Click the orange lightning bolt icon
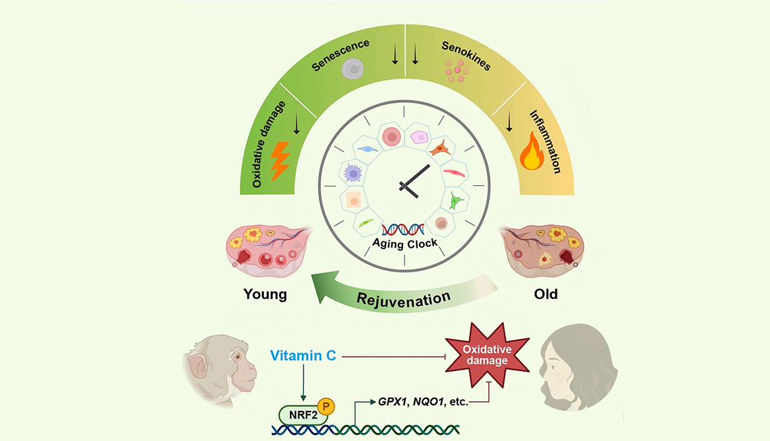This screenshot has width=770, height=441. tap(281, 160)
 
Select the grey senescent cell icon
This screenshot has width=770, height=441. tap(352, 68)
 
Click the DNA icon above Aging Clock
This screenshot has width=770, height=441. tap(402, 228)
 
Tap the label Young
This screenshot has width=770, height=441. tap(265, 295)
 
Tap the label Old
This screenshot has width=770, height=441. tap(546, 295)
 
